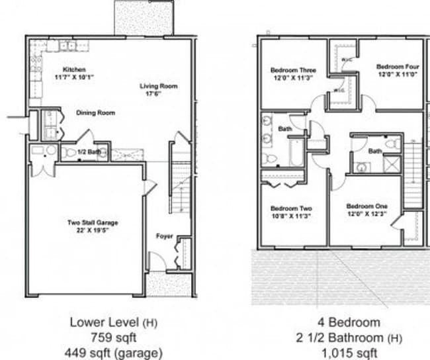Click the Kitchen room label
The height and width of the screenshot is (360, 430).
73,69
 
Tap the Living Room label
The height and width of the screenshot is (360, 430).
158,86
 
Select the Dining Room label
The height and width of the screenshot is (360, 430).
95,113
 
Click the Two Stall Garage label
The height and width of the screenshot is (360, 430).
93,222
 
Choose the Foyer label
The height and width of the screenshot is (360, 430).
164,236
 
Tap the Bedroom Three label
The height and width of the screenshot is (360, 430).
293,70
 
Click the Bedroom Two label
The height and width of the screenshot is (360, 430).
292,208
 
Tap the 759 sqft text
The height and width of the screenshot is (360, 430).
116,337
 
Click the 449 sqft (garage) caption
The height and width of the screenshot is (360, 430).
116,352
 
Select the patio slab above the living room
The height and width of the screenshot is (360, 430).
144,17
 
